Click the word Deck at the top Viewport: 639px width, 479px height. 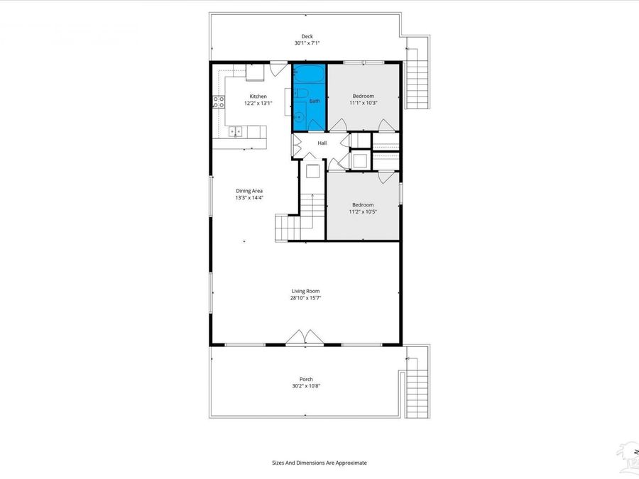(307, 36)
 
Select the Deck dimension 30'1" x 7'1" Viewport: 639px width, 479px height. (307, 43)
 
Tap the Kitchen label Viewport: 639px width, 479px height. (258, 96)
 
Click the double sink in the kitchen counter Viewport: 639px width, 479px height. (235, 131)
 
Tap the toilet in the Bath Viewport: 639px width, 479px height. (300, 93)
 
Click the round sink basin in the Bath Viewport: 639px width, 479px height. (300, 116)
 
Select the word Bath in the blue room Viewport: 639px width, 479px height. (314, 101)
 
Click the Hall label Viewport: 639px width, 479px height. (322, 143)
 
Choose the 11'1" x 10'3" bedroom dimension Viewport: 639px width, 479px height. (363, 102)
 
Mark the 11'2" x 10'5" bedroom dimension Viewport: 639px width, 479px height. (363, 211)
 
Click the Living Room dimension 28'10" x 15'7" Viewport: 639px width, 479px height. (305, 298)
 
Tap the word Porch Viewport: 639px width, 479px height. (306, 379)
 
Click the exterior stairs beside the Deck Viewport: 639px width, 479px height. (417, 74)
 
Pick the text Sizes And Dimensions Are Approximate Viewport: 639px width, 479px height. (319, 462)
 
